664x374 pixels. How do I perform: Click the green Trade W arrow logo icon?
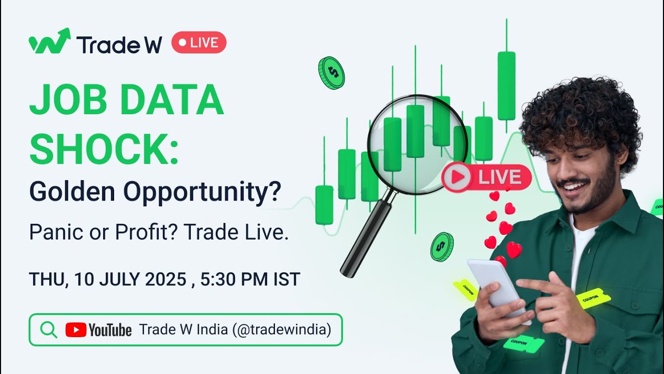click(49, 42)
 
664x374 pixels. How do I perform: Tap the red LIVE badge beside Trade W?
click(199, 43)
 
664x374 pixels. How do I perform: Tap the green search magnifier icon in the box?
click(48, 329)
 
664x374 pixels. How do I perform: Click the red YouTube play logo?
click(76, 330)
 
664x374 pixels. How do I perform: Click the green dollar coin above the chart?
click(331, 73)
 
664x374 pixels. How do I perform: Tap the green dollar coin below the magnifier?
click(441, 247)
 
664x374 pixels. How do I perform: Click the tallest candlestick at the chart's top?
click(506, 86)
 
